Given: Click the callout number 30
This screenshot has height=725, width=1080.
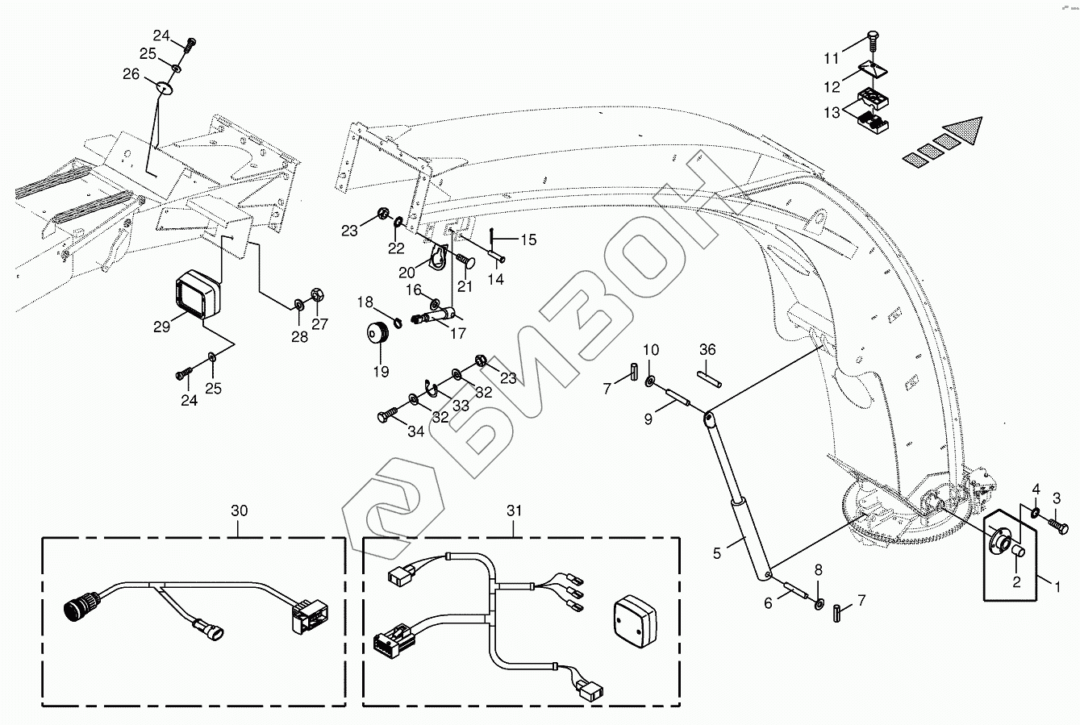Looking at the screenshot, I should (x=240, y=510).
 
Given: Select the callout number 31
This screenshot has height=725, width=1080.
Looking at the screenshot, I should (x=515, y=510).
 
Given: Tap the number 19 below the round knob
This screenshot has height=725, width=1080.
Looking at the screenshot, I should (x=381, y=372).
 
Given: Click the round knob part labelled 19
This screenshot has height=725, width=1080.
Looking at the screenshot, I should (x=377, y=332).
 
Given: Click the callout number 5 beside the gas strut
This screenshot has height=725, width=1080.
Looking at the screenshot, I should (x=716, y=553).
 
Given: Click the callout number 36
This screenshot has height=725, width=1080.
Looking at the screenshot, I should (x=707, y=349).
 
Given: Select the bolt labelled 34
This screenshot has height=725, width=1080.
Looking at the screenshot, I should (x=386, y=416).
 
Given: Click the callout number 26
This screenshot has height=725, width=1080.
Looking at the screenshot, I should (x=131, y=74).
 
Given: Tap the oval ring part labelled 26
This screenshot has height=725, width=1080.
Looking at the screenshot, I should (x=167, y=86).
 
